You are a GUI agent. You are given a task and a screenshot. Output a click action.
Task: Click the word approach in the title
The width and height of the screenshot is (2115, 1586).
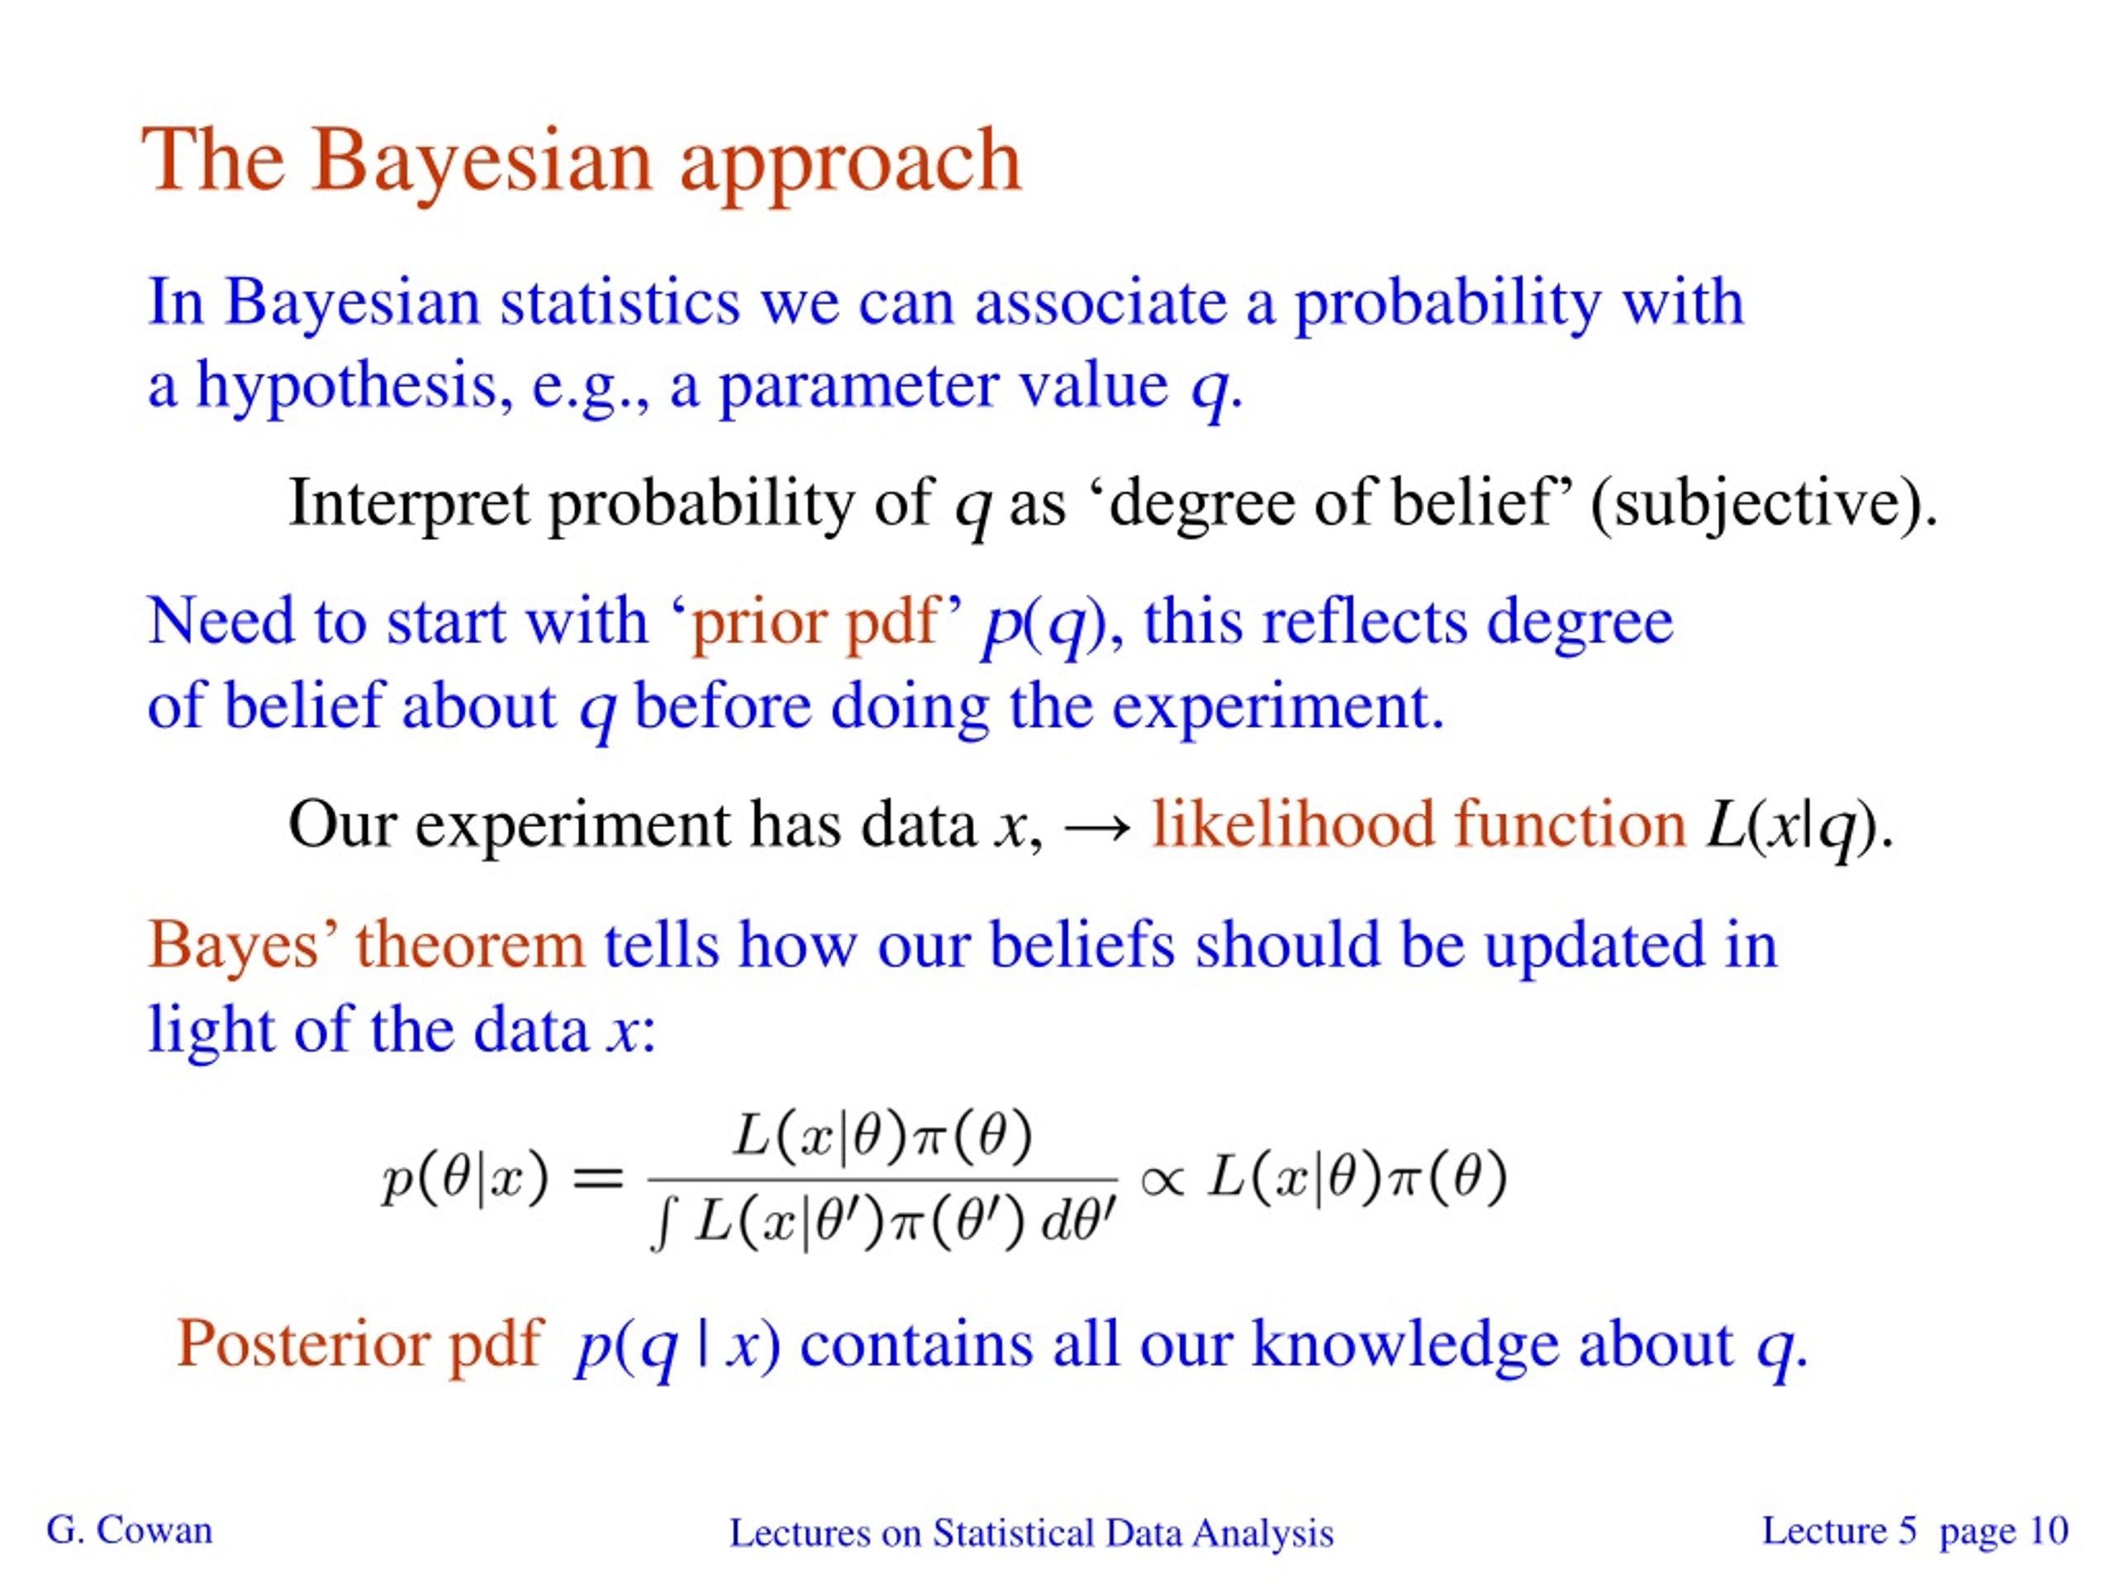pos(851,163)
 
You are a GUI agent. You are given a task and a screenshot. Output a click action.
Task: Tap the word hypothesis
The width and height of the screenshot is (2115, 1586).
pos(346,387)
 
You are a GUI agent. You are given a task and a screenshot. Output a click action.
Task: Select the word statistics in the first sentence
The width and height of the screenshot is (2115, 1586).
pos(620,303)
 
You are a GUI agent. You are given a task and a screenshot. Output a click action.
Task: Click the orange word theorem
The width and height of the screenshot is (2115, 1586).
pos(469,946)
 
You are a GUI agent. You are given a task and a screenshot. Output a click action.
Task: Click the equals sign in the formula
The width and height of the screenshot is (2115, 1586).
pos(596,1179)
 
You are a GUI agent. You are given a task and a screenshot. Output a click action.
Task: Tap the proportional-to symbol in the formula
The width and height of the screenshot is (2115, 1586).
pos(1162,1179)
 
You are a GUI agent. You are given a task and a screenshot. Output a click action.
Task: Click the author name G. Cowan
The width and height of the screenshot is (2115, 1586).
pos(129,1531)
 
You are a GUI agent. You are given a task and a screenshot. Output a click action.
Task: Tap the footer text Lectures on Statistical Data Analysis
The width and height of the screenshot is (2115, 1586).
pos(1031,1533)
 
